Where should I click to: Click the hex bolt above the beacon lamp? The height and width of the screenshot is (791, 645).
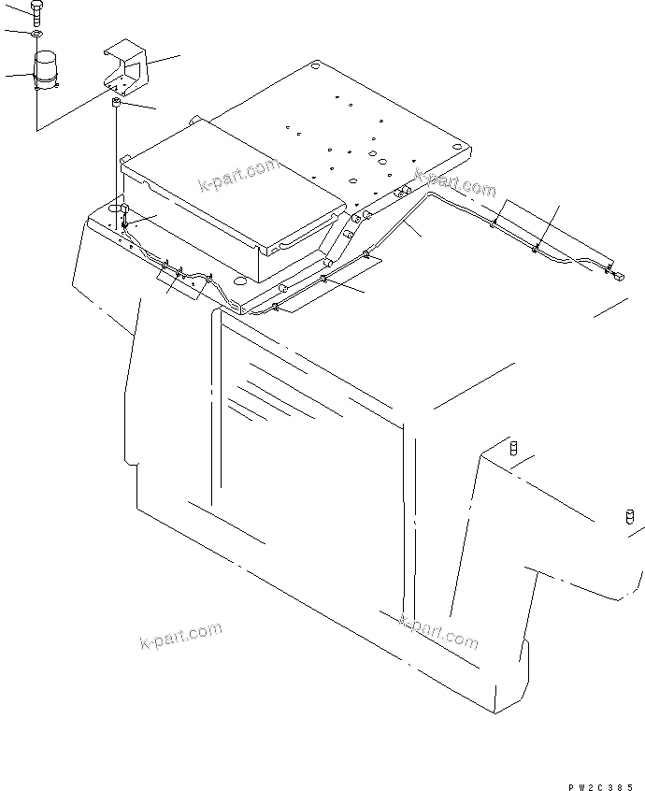point(36,13)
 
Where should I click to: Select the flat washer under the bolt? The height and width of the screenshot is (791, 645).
point(36,36)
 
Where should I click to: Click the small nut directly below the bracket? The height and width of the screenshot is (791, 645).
point(117,104)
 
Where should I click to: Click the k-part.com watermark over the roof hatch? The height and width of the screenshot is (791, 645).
point(238,176)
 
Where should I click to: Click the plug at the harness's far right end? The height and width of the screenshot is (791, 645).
point(617,274)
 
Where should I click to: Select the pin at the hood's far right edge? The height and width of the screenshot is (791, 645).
point(630,517)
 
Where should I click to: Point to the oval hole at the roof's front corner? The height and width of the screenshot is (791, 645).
point(240,280)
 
